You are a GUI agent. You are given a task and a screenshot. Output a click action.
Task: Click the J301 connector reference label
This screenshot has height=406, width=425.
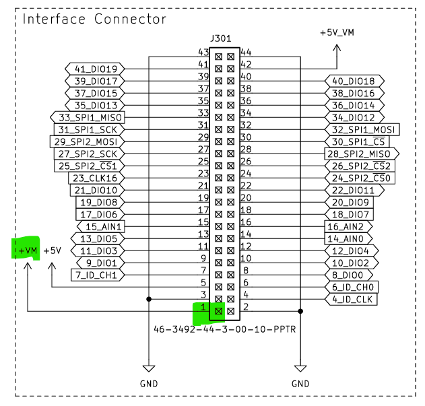(224, 38)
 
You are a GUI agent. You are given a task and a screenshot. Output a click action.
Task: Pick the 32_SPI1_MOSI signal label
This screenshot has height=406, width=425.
(362, 129)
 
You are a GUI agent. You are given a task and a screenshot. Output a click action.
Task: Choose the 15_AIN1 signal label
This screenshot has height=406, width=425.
(102, 226)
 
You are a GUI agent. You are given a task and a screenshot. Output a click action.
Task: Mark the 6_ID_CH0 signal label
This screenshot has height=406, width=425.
(354, 287)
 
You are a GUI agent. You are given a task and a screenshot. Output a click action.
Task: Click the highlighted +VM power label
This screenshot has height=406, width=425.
(26, 250)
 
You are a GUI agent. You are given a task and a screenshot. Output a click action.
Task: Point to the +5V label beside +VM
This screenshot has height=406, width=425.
(53, 250)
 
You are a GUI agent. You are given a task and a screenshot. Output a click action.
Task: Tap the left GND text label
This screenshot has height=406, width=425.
(148, 382)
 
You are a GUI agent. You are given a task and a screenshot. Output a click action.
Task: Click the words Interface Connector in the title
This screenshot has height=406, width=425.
(94, 19)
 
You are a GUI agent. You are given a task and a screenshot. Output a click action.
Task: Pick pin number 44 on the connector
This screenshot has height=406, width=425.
(246, 52)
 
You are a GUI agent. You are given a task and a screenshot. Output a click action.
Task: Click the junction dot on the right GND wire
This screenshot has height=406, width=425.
(300, 311)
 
